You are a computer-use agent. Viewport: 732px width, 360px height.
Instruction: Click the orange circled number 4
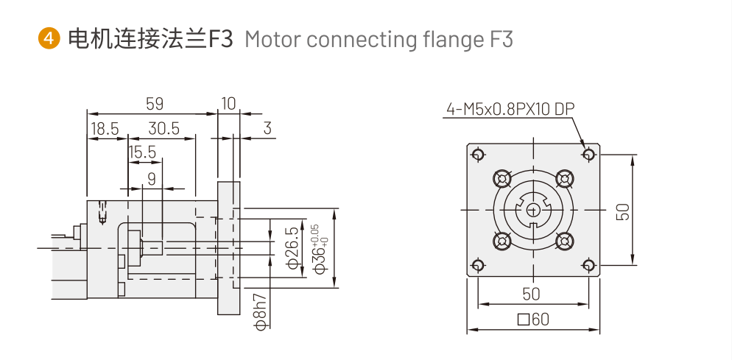(49, 38)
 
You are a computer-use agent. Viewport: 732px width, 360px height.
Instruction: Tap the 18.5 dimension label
(105, 128)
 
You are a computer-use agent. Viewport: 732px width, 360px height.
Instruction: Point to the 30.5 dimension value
(163, 128)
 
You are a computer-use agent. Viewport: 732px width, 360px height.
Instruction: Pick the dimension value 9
(152, 178)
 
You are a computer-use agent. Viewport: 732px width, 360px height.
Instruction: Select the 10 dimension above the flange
(228, 104)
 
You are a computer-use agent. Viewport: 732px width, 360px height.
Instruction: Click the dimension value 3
(267, 128)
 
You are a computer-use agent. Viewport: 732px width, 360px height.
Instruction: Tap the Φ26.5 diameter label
(292, 249)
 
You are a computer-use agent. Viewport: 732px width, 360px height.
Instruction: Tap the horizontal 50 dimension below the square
(531, 294)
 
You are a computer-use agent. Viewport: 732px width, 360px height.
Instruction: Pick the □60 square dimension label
(533, 320)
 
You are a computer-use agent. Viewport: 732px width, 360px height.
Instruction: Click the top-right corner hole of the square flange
(588, 154)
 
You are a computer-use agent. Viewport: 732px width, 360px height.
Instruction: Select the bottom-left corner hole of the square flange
(478, 265)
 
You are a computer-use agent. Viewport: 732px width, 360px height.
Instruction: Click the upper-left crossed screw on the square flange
(503, 179)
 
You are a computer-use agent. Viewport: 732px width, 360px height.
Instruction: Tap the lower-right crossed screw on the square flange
(565, 241)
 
